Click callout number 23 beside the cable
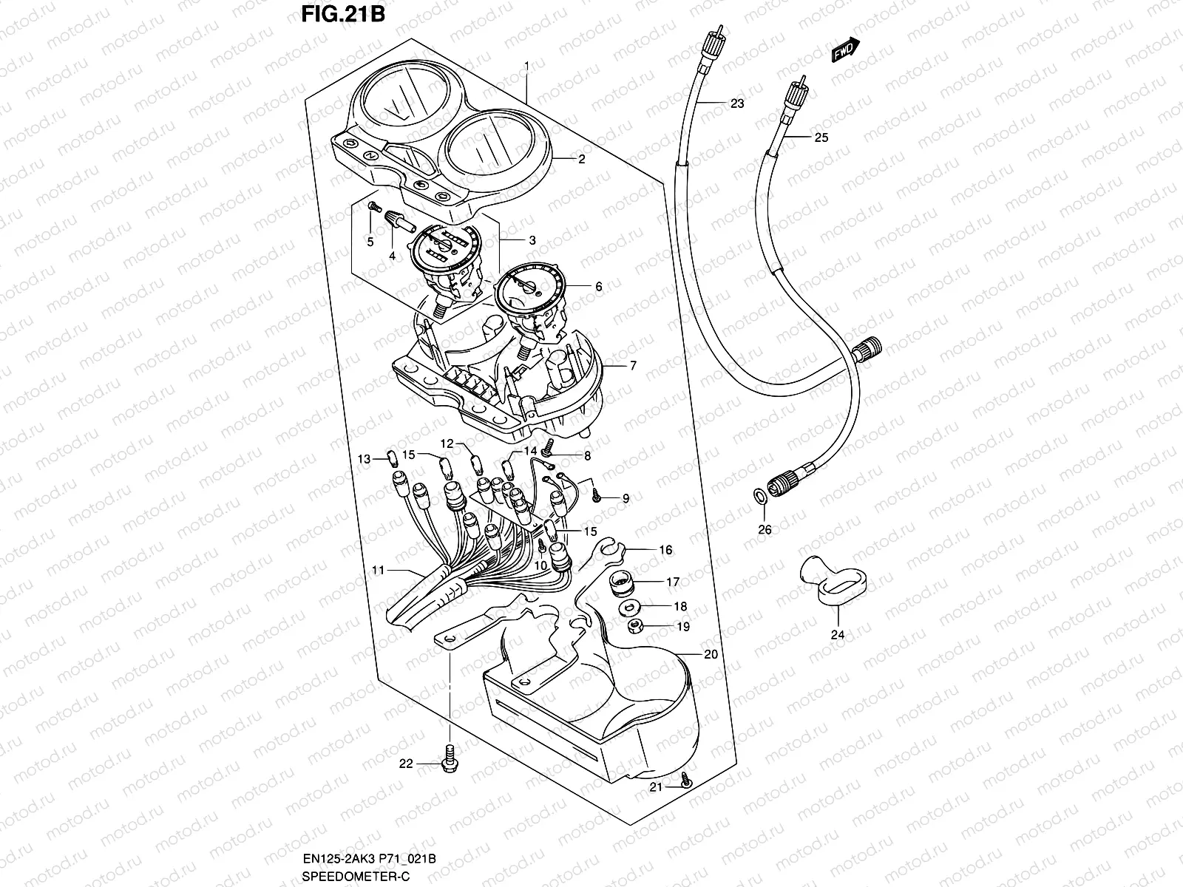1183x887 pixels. coord(736,103)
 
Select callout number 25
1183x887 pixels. coord(821,137)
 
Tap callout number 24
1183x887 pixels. coord(838,634)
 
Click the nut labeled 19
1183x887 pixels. coord(634,627)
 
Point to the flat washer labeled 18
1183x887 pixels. coord(631,608)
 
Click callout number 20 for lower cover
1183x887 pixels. coord(711,654)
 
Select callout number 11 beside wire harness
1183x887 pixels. coord(379,571)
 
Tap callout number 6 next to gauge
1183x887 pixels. coord(598,287)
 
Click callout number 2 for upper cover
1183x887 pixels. coord(581,159)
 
